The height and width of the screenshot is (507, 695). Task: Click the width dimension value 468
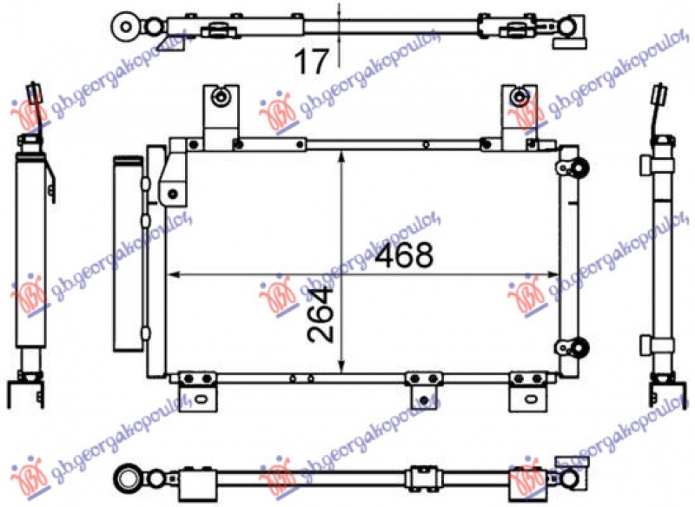(404, 256)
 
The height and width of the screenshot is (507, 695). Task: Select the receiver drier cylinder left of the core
(127, 252)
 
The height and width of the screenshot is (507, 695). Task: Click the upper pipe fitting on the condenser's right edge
(575, 168)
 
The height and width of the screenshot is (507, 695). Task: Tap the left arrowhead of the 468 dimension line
(172, 275)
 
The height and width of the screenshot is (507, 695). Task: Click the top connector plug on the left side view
(34, 94)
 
